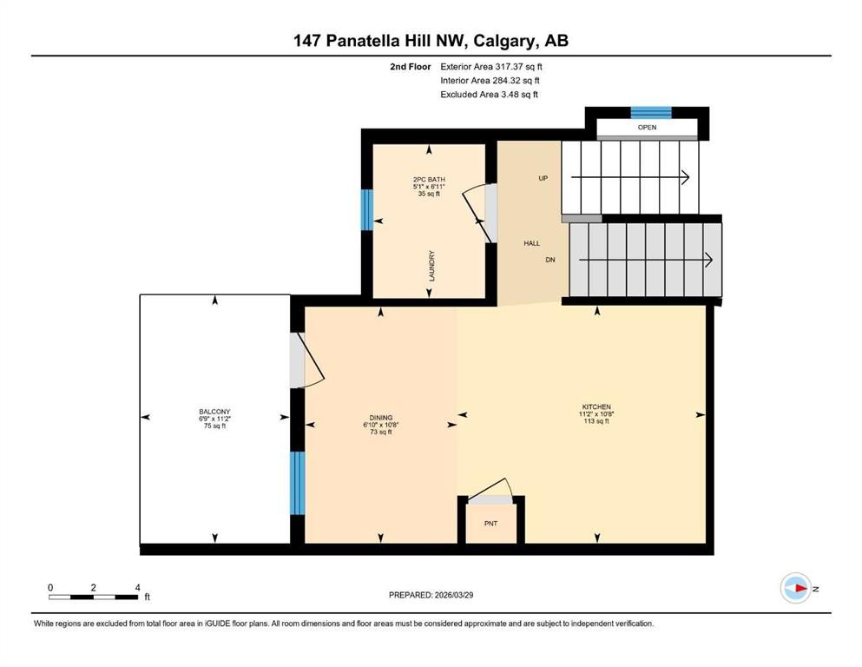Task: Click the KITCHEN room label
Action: tap(596, 406)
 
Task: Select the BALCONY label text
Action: tap(214, 412)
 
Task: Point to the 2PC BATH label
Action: tap(429, 180)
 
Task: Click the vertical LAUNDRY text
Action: tap(431, 265)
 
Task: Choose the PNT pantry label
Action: tap(491, 524)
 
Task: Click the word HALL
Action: tap(531, 243)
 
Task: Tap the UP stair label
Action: tap(543, 178)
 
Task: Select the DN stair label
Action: tap(550, 260)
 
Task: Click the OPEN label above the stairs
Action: tap(647, 128)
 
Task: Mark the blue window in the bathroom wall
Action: tap(366, 208)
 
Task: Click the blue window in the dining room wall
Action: tap(298, 484)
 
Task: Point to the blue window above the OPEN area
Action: tap(650, 111)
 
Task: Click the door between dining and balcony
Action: tap(299, 360)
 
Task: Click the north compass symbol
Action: tap(795, 588)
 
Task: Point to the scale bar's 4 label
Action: tap(137, 588)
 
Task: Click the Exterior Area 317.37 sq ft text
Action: tap(492, 66)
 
